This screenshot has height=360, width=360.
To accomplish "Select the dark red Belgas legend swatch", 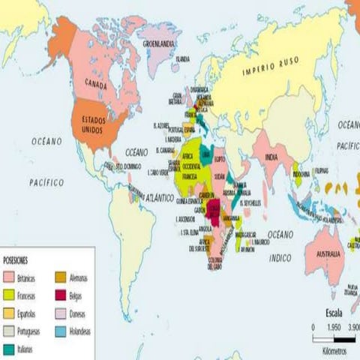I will (61, 295).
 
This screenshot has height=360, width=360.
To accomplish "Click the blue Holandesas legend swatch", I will (61, 331).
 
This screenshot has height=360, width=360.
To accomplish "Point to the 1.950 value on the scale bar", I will (335, 328).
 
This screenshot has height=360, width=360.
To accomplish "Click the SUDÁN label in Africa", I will (219, 177).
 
